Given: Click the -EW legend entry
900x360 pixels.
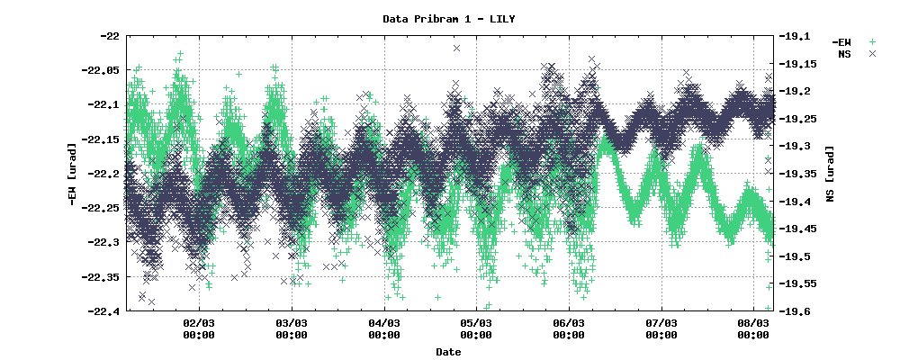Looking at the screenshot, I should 841,41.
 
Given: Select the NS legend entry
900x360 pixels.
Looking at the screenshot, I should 844,54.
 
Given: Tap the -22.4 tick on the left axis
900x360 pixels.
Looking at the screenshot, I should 105,311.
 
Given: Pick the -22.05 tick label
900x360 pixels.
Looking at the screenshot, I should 103,70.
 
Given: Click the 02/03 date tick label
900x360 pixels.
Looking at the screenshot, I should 198,328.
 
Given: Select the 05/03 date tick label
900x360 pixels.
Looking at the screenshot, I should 476,328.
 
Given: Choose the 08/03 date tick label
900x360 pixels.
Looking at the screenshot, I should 753,328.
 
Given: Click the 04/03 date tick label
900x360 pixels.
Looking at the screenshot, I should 383,328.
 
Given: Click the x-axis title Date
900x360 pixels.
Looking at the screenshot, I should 448,352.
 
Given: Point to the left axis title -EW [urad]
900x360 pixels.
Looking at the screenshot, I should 72,174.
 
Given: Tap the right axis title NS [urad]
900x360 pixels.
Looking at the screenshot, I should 829,174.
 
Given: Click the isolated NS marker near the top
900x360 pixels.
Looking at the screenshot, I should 457,48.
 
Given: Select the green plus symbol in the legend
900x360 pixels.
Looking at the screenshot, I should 871,41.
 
